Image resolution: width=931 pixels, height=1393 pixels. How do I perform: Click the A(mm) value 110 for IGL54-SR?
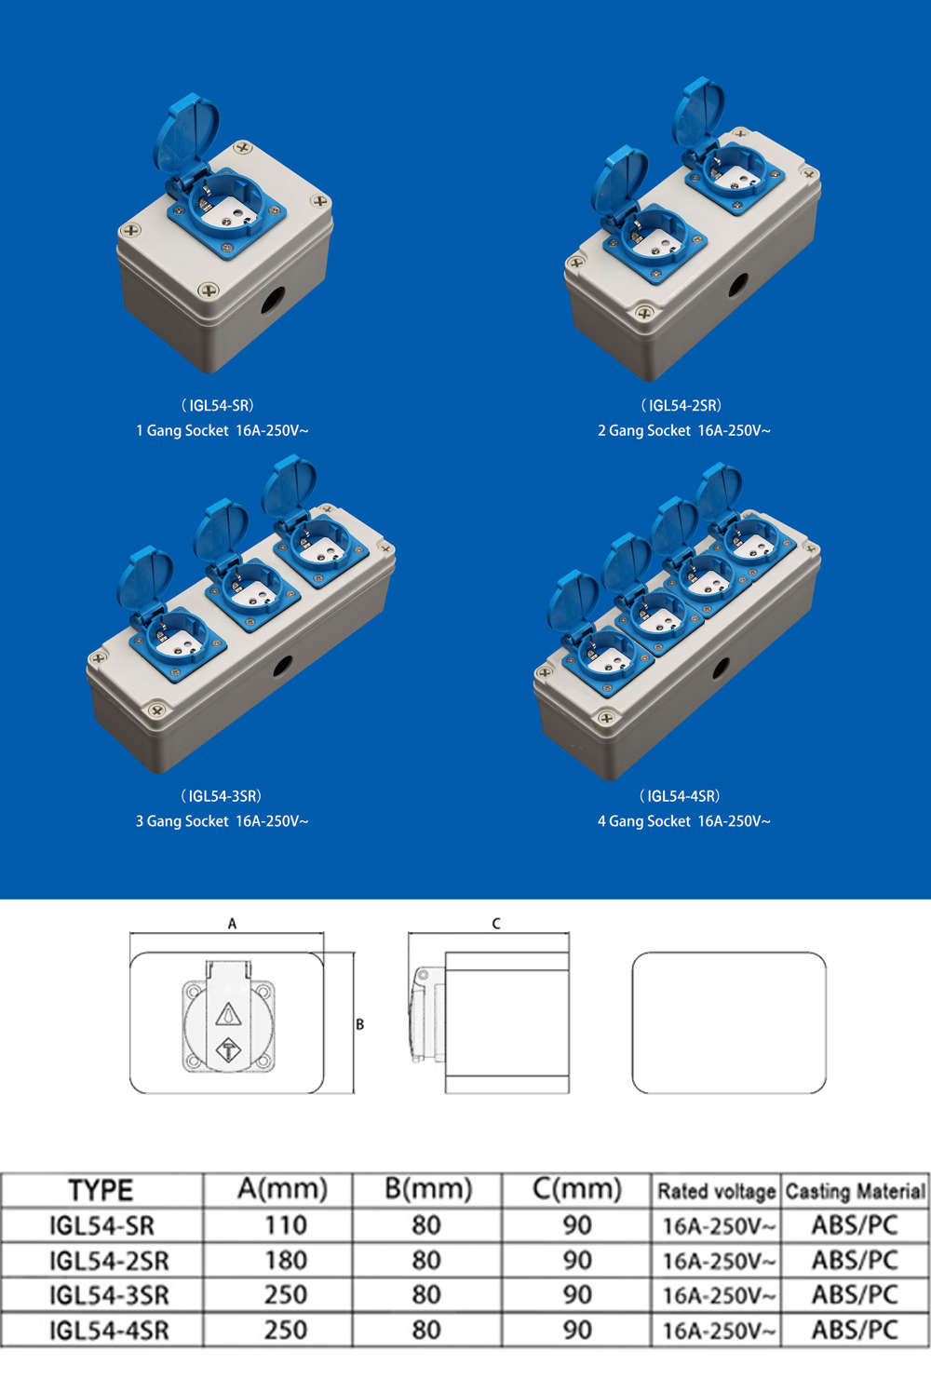286,1225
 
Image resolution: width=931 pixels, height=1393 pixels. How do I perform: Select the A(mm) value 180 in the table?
286,1260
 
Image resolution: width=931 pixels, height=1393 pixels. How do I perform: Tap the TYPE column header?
101,1190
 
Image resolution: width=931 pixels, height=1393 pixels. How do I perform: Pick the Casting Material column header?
856,1191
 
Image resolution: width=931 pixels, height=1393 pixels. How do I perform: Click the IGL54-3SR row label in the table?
109,1295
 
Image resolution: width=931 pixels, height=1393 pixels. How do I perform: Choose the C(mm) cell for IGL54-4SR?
577,1330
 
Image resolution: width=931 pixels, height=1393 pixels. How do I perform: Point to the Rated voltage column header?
717,1191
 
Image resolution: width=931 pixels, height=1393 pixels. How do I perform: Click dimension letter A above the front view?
232,924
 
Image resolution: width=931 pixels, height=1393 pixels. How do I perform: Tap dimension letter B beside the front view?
359,1024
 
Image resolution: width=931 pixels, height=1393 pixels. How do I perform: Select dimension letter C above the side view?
495,924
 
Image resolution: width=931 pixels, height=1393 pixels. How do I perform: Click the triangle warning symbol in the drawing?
228,1014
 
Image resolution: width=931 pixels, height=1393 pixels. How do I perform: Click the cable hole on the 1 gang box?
273,301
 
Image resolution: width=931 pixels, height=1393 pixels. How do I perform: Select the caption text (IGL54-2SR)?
681,405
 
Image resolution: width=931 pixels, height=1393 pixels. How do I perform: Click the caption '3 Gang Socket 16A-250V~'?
222,821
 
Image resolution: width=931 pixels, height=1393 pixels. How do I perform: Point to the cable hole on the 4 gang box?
721,669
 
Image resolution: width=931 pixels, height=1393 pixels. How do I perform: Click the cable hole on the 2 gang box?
738,286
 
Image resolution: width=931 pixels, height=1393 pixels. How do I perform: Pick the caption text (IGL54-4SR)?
680,796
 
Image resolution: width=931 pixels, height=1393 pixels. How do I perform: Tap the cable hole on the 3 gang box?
282,666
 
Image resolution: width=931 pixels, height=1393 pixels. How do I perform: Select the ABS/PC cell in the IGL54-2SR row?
856,1260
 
